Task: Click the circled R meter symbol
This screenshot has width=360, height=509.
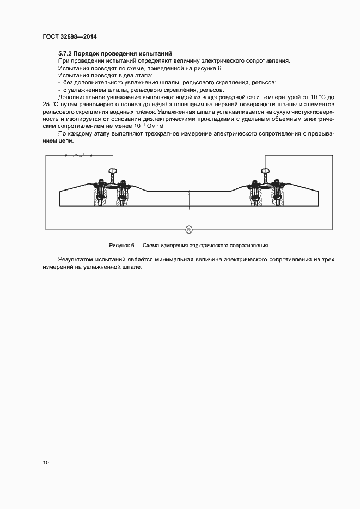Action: click(189, 229)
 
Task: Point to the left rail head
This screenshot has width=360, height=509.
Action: click(113, 172)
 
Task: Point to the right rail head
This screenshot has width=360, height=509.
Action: click(265, 172)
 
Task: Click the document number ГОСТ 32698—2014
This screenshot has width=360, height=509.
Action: click(70, 37)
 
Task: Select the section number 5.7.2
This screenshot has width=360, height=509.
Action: click(65, 53)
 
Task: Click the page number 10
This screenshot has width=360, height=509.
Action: click(46, 463)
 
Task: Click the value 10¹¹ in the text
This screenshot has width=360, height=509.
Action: click(138, 125)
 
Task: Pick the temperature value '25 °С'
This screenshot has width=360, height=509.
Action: click(51, 103)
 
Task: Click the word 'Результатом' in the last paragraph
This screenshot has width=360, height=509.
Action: click(76, 260)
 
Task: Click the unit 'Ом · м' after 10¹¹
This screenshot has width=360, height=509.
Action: click(154, 125)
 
